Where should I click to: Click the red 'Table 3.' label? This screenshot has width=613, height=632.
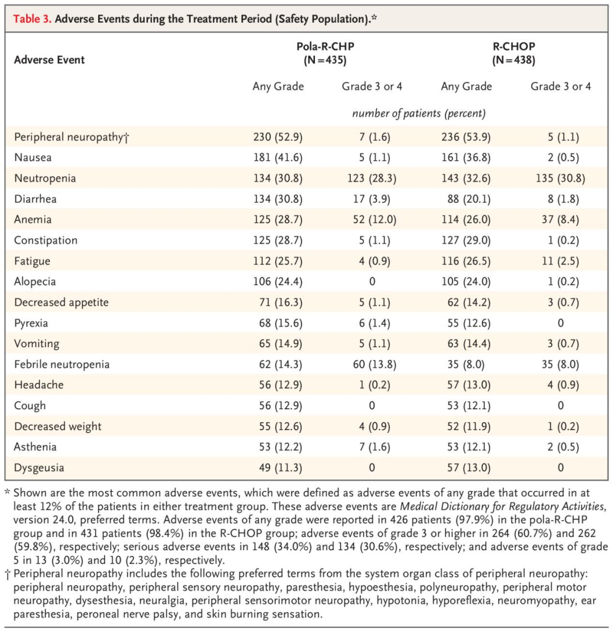[x=33, y=19]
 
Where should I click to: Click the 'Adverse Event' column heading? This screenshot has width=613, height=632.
[x=49, y=59]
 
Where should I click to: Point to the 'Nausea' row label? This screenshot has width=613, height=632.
[x=32, y=157]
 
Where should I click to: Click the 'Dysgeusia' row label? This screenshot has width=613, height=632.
[x=39, y=467]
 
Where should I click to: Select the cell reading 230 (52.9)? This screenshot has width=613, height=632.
[x=278, y=137]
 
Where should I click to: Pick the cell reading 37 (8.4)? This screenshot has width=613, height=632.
[x=560, y=219]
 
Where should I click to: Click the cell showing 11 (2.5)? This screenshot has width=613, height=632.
[x=560, y=261]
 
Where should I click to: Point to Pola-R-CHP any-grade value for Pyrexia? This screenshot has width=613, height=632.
[x=278, y=323]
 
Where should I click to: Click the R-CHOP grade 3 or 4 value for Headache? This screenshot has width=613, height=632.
[x=560, y=385]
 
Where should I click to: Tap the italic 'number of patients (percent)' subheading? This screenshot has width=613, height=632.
[x=419, y=113]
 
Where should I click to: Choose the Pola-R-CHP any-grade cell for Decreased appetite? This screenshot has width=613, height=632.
[x=278, y=302]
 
